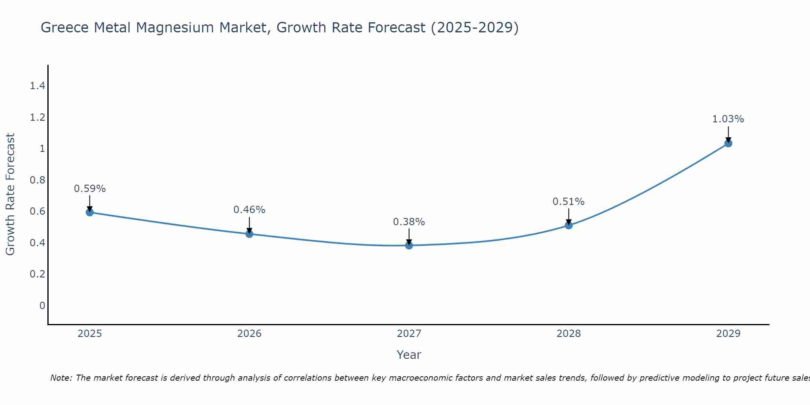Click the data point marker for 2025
[x=90, y=212]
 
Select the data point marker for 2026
[x=249, y=234]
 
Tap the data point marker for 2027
[x=409, y=245]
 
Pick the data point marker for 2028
[x=569, y=225]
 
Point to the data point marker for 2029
[x=728, y=143]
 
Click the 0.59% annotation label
[x=90, y=189]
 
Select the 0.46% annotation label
[x=249, y=210]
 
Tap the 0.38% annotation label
[x=409, y=222]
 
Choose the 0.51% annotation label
[x=569, y=202]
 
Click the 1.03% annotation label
[x=728, y=119]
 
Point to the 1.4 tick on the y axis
[x=38, y=86]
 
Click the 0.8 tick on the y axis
[x=38, y=180]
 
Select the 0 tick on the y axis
[x=42, y=305]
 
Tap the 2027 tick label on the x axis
[x=409, y=334]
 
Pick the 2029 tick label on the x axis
[x=728, y=334]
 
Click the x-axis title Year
[x=409, y=355]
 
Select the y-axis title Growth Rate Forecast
[x=10, y=194]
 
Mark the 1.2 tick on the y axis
[x=38, y=117]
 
